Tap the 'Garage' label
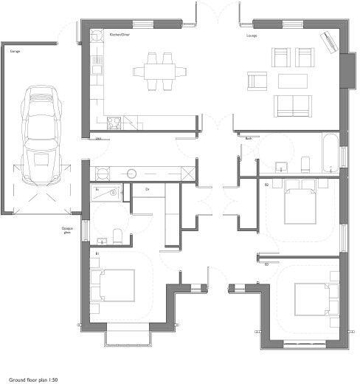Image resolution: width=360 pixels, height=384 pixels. click(x=15, y=52)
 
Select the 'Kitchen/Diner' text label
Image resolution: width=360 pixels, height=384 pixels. click(x=119, y=35)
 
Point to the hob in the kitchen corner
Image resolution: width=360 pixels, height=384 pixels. click(x=114, y=123)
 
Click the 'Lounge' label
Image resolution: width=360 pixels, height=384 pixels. click(x=252, y=35)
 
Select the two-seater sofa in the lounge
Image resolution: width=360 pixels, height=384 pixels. click(x=291, y=105)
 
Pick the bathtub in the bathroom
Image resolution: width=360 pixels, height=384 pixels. click(x=329, y=154)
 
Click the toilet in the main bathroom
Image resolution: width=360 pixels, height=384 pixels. click(x=305, y=162)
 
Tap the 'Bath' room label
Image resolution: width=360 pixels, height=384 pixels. click(x=249, y=139)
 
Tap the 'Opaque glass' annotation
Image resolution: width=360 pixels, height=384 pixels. click(x=66, y=230)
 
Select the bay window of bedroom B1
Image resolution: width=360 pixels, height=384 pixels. click(x=130, y=338)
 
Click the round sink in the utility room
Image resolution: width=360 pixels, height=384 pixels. click(x=131, y=174)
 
